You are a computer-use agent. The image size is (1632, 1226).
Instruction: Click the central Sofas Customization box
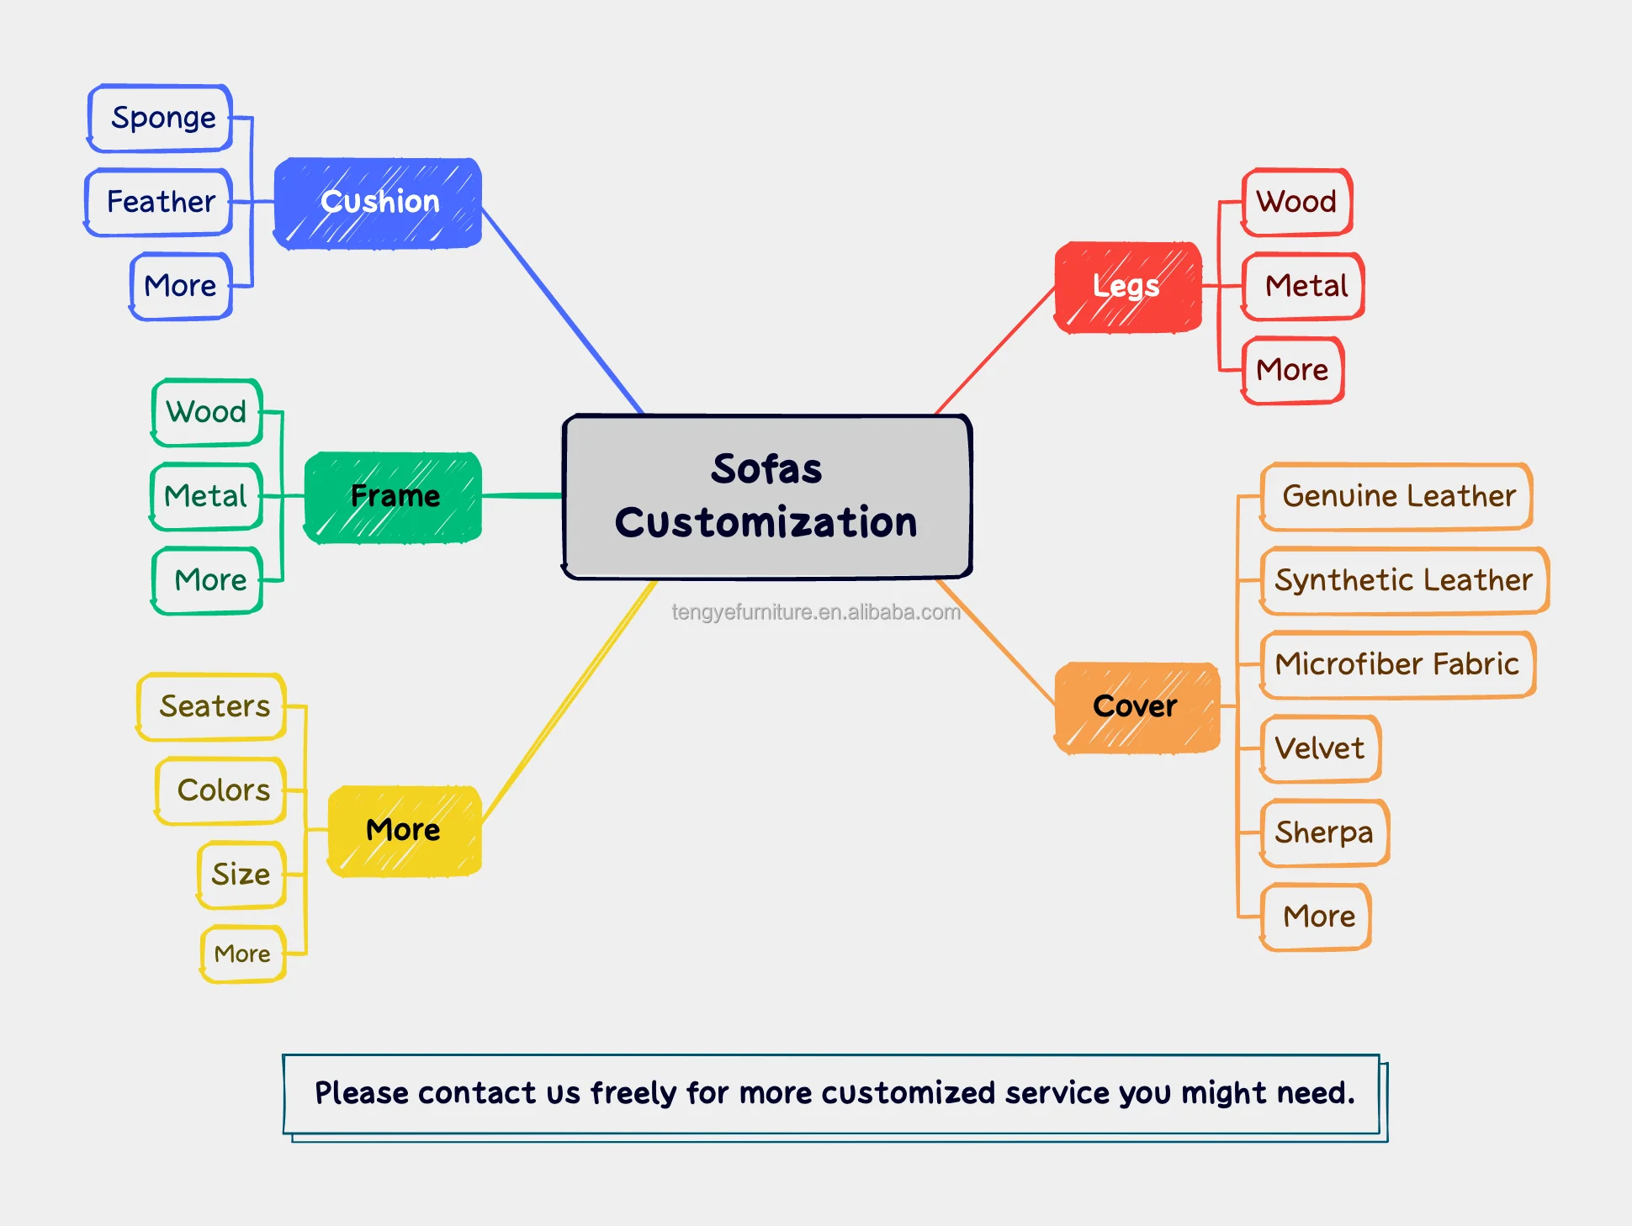click(766, 496)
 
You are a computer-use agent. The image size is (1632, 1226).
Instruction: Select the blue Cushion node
click(379, 203)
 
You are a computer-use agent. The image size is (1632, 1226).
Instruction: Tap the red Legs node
click(1127, 287)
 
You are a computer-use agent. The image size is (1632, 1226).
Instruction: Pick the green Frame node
click(394, 497)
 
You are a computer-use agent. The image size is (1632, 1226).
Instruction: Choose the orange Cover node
click(1137, 707)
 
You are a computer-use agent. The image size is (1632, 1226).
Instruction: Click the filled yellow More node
click(404, 831)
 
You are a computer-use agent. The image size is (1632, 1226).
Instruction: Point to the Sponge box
click(162, 119)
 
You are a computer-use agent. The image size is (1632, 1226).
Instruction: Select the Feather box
click(159, 203)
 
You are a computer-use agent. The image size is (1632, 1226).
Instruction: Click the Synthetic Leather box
click(1403, 580)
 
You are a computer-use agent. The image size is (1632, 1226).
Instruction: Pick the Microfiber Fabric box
click(1396, 664)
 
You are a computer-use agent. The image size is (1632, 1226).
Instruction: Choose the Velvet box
click(1319, 748)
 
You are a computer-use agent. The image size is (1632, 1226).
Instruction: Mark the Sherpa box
click(1323, 832)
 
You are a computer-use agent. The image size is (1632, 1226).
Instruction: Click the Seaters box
click(213, 706)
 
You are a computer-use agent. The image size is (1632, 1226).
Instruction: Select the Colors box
click(222, 790)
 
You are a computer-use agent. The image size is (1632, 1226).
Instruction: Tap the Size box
click(241, 875)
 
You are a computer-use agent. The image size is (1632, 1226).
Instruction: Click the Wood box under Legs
click(1296, 203)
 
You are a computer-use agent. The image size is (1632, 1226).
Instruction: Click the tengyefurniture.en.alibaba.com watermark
click(815, 612)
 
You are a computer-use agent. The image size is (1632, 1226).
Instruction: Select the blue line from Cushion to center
click(562, 309)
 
